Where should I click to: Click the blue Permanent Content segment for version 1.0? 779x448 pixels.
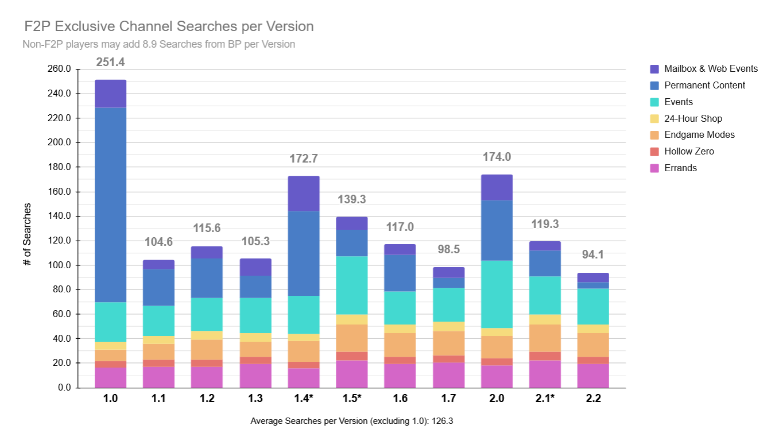pos(110,205)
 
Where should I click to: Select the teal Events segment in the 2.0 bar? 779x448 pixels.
pos(497,294)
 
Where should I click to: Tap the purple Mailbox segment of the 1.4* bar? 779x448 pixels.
pos(304,194)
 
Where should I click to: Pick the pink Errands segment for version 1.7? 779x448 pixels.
pos(448,375)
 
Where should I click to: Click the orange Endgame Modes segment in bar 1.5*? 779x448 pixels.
pos(352,338)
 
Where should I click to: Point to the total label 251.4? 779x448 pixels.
pos(110,62)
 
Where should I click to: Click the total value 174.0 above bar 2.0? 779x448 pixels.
pos(497,157)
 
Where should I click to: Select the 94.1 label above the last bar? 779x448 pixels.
pos(593,254)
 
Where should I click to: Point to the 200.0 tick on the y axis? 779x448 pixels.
pos(59,142)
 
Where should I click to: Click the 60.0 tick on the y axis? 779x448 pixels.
pos(61,314)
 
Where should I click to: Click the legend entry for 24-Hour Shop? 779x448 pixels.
pos(693,118)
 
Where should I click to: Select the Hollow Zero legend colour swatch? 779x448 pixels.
pos(654,152)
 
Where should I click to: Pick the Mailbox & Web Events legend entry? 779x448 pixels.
pos(711,69)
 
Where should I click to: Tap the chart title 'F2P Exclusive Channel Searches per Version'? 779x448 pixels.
pos(169,26)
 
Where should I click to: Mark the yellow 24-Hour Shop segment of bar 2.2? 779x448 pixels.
pos(593,329)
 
